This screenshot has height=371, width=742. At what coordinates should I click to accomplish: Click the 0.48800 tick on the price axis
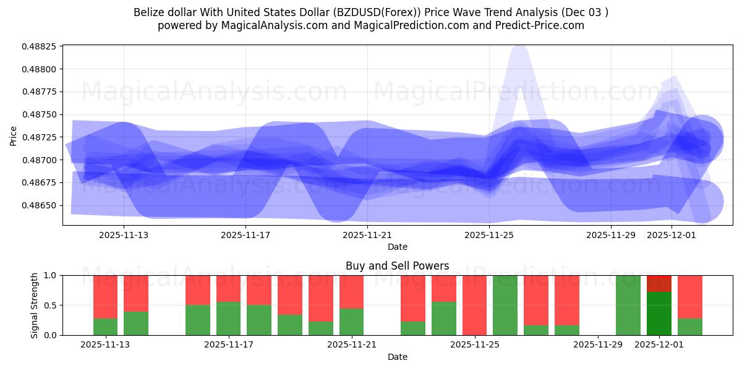40,69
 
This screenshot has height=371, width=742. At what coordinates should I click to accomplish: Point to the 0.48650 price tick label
40,205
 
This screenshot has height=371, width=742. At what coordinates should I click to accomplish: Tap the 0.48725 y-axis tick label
40,137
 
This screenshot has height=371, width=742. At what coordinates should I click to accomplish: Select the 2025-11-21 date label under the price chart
367,235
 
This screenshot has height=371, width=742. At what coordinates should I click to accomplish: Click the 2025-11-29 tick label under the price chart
611,235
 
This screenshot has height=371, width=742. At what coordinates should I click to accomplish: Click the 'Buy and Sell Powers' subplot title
397,266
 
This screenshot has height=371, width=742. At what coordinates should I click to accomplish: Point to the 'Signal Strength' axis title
35,305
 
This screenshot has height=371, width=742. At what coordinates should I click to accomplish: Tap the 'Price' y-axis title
14,135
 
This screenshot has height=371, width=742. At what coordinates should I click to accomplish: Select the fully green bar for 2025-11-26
505,305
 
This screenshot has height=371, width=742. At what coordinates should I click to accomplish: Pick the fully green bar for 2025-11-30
628,305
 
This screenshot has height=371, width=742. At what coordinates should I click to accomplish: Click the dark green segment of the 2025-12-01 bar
659,313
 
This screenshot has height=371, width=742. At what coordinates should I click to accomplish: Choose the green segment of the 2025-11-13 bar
105,326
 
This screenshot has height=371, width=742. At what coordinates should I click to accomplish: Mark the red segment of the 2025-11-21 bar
352,292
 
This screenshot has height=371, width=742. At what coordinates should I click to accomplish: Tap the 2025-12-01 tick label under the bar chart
659,344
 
